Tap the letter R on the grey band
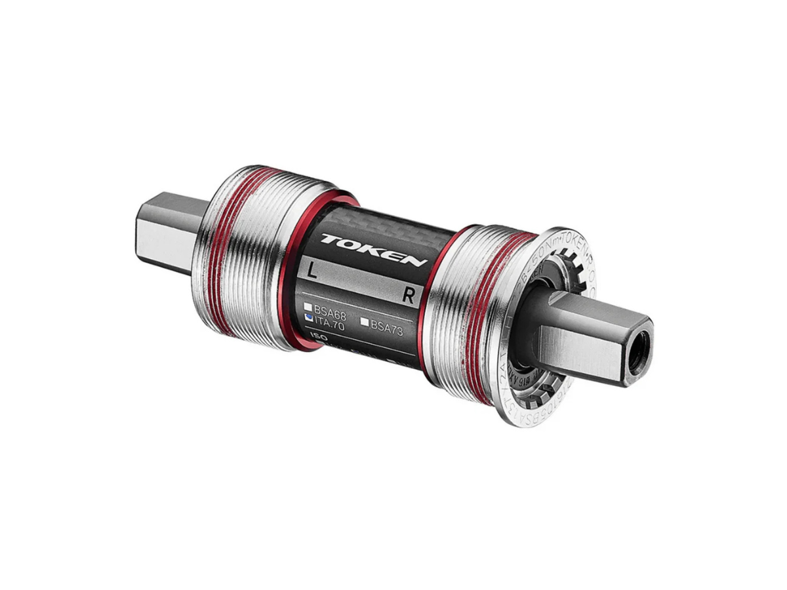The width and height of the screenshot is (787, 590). point(408,296)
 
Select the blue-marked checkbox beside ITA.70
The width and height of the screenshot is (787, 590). point(308,316)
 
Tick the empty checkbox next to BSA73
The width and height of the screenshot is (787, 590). point(365,322)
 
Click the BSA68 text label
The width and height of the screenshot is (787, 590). point(330,308)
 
